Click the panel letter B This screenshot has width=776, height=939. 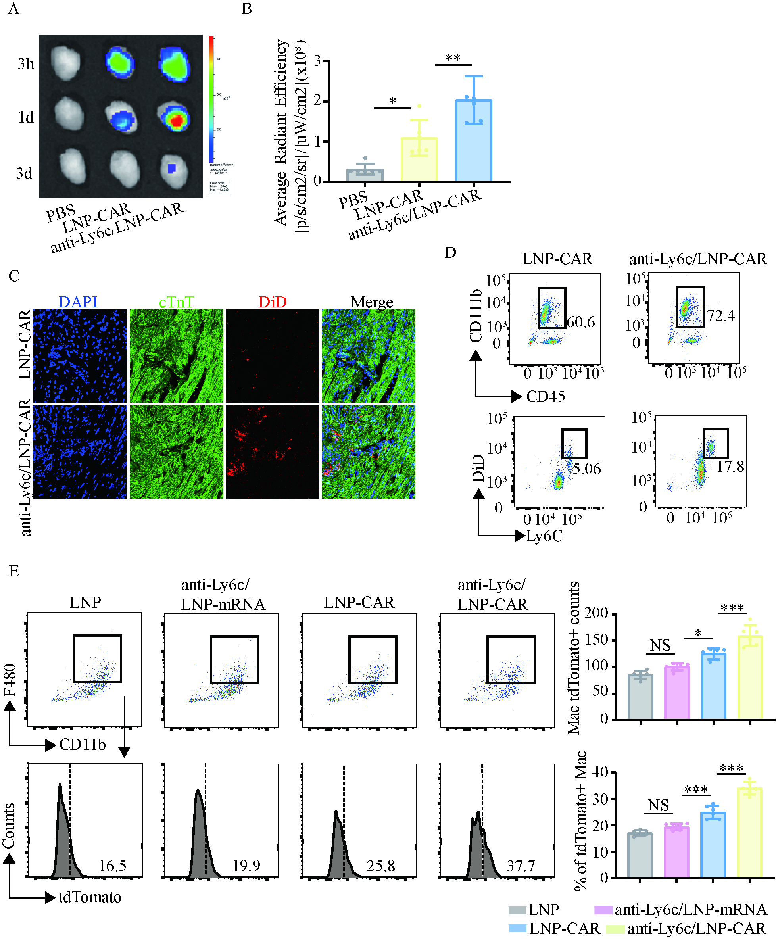pyautogui.click(x=246, y=9)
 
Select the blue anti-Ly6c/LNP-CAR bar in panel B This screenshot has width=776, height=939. pyautogui.click(x=473, y=141)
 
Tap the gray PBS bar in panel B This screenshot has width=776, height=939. pyautogui.click(x=365, y=175)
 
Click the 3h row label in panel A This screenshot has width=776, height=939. pyautogui.click(x=26, y=64)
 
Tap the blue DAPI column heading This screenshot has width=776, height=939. pyautogui.click(x=78, y=302)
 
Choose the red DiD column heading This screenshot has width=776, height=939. pyautogui.click(x=272, y=302)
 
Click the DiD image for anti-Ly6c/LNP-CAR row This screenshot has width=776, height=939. pyautogui.click(x=272, y=451)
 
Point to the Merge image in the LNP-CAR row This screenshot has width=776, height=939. pyautogui.click(x=368, y=356)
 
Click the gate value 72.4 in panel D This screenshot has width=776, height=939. pyautogui.click(x=720, y=316)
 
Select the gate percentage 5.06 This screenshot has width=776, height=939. pyautogui.click(x=587, y=469)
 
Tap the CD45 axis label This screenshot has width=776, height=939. pyautogui.click(x=546, y=396)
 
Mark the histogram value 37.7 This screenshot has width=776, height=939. pyautogui.click(x=521, y=866)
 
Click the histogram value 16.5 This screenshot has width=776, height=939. pyautogui.click(x=112, y=866)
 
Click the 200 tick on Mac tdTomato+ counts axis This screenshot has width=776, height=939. pyautogui.click(x=596, y=613)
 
